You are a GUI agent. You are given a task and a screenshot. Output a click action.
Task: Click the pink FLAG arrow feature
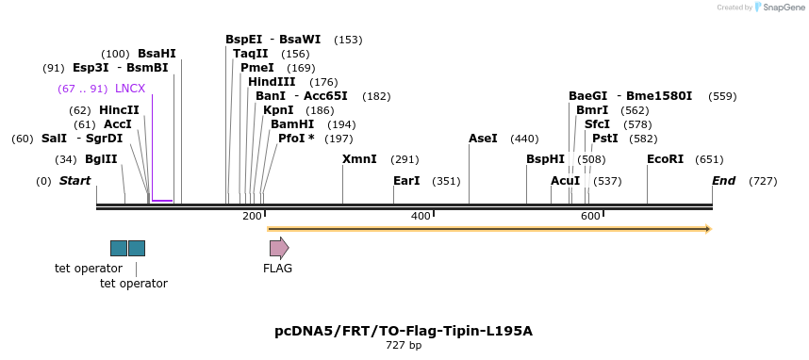point(279,248)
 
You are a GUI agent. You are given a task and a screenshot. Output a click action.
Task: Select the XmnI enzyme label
point(359,159)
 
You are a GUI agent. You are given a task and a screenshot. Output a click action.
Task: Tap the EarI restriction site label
point(406,180)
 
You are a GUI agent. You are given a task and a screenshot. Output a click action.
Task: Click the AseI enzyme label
point(483,139)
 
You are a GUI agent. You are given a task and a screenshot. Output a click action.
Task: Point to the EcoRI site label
point(665,159)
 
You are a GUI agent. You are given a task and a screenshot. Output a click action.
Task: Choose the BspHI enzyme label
point(545,159)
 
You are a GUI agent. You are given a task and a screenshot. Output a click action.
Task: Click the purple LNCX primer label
point(130,89)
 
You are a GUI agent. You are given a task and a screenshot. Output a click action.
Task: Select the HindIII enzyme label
point(272,82)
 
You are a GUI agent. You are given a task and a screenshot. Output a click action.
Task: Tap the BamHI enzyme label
point(292,124)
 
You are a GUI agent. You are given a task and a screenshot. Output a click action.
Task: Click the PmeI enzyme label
point(256,68)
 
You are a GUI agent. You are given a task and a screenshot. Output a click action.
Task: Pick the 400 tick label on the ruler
point(421,217)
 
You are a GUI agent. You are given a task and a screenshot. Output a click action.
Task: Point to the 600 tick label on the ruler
point(590,217)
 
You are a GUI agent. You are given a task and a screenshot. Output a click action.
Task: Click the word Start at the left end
point(75,180)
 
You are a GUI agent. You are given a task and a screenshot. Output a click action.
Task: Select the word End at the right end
point(723,180)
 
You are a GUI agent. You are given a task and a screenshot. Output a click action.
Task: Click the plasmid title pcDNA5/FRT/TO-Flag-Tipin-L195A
point(404,331)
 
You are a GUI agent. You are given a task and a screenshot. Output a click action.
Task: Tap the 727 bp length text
point(404,346)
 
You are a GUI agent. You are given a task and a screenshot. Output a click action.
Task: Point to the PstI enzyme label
point(605,139)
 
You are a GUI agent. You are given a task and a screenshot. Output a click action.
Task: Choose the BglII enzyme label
point(101,159)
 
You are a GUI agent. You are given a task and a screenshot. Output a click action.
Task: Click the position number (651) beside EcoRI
point(709,159)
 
